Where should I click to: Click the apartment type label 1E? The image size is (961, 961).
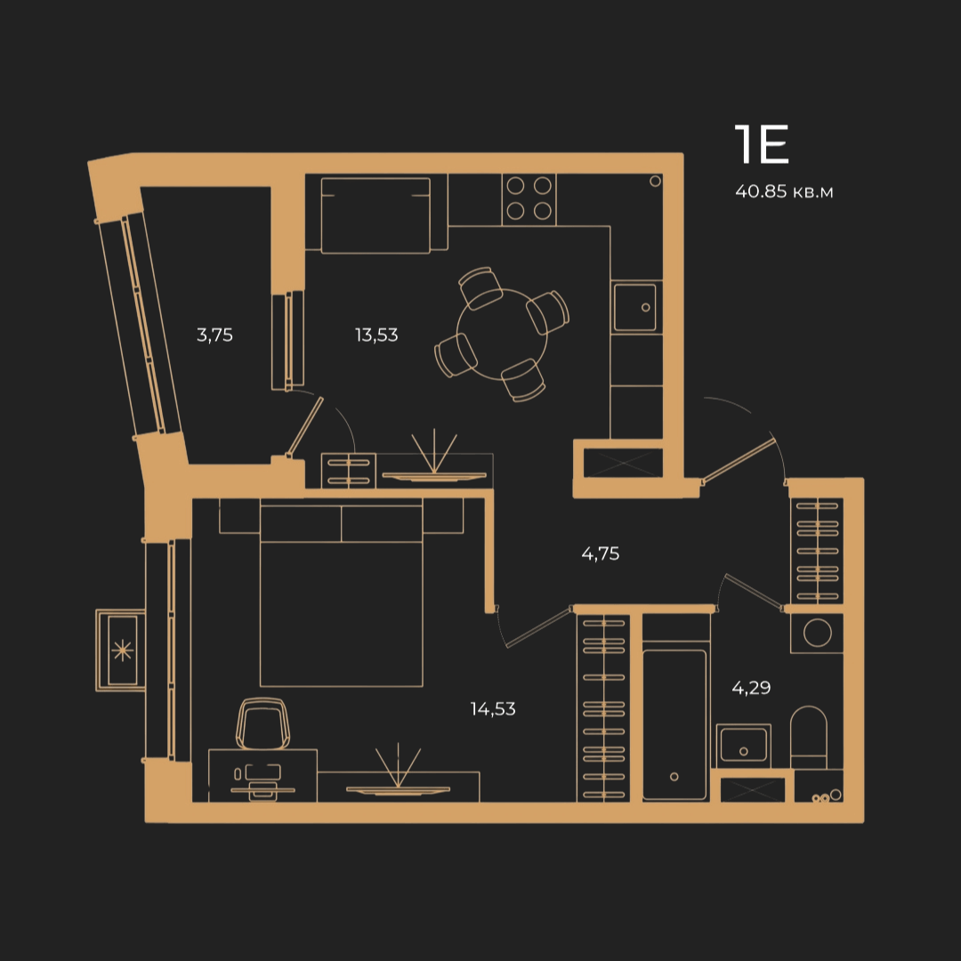(761, 144)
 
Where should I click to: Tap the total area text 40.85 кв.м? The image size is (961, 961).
(784, 191)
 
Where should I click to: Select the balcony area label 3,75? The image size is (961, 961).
(214, 335)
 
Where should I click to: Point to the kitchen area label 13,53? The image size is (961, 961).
(376, 335)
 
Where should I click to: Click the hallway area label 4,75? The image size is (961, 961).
(600, 553)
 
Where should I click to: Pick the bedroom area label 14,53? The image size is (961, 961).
(493, 708)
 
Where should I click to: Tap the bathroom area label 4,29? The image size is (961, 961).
(751, 687)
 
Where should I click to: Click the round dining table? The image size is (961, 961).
(501, 335)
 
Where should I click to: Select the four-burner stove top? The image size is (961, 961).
(529, 198)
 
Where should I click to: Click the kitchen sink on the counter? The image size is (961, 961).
(635, 307)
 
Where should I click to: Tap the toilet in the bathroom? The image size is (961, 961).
(808, 738)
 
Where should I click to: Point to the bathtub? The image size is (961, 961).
(674, 724)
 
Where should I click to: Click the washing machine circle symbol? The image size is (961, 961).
(817, 633)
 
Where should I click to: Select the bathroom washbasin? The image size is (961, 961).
(743, 746)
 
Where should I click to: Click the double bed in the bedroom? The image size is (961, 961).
(342, 593)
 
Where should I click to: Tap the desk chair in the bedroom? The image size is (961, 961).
(262, 723)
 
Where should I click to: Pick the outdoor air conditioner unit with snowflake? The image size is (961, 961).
(121, 650)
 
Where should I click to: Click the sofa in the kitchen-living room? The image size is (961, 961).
(376, 214)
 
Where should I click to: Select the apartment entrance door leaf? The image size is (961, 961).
(738, 460)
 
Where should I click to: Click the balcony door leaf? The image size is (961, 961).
(304, 426)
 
